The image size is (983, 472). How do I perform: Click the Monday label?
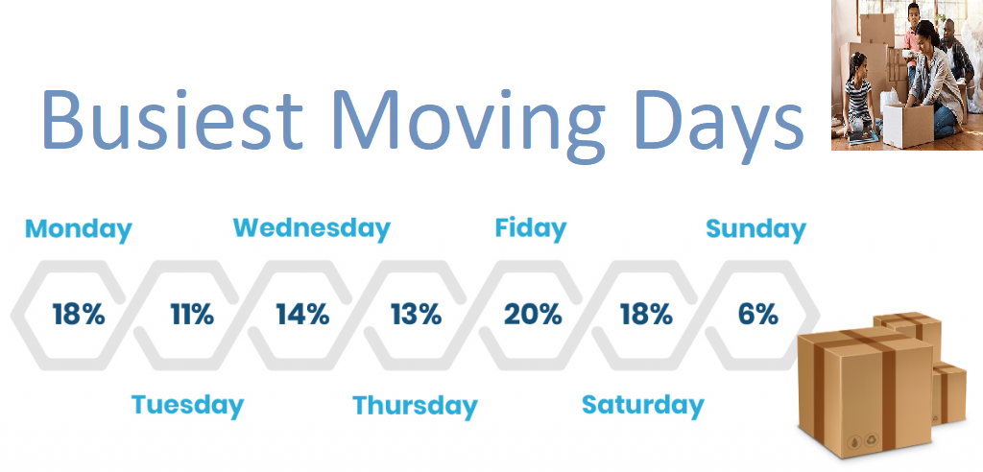click(x=79, y=230)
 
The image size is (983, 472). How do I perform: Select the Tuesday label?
click(x=187, y=405)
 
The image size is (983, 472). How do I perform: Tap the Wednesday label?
click(x=312, y=227)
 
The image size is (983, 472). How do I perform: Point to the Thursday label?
click(x=415, y=406)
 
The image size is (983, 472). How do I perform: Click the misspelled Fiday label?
click(x=530, y=228)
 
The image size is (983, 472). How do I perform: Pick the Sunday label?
click(x=755, y=230)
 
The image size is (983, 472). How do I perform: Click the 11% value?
click(x=192, y=314)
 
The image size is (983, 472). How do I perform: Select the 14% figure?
click(x=302, y=314)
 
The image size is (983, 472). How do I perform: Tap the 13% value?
click(x=417, y=314)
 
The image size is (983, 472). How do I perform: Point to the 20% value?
click(x=532, y=314)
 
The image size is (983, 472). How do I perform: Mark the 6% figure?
click(x=757, y=314)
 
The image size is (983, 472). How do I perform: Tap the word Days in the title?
click(x=716, y=126)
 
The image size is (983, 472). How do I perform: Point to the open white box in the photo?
click(x=908, y=124)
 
